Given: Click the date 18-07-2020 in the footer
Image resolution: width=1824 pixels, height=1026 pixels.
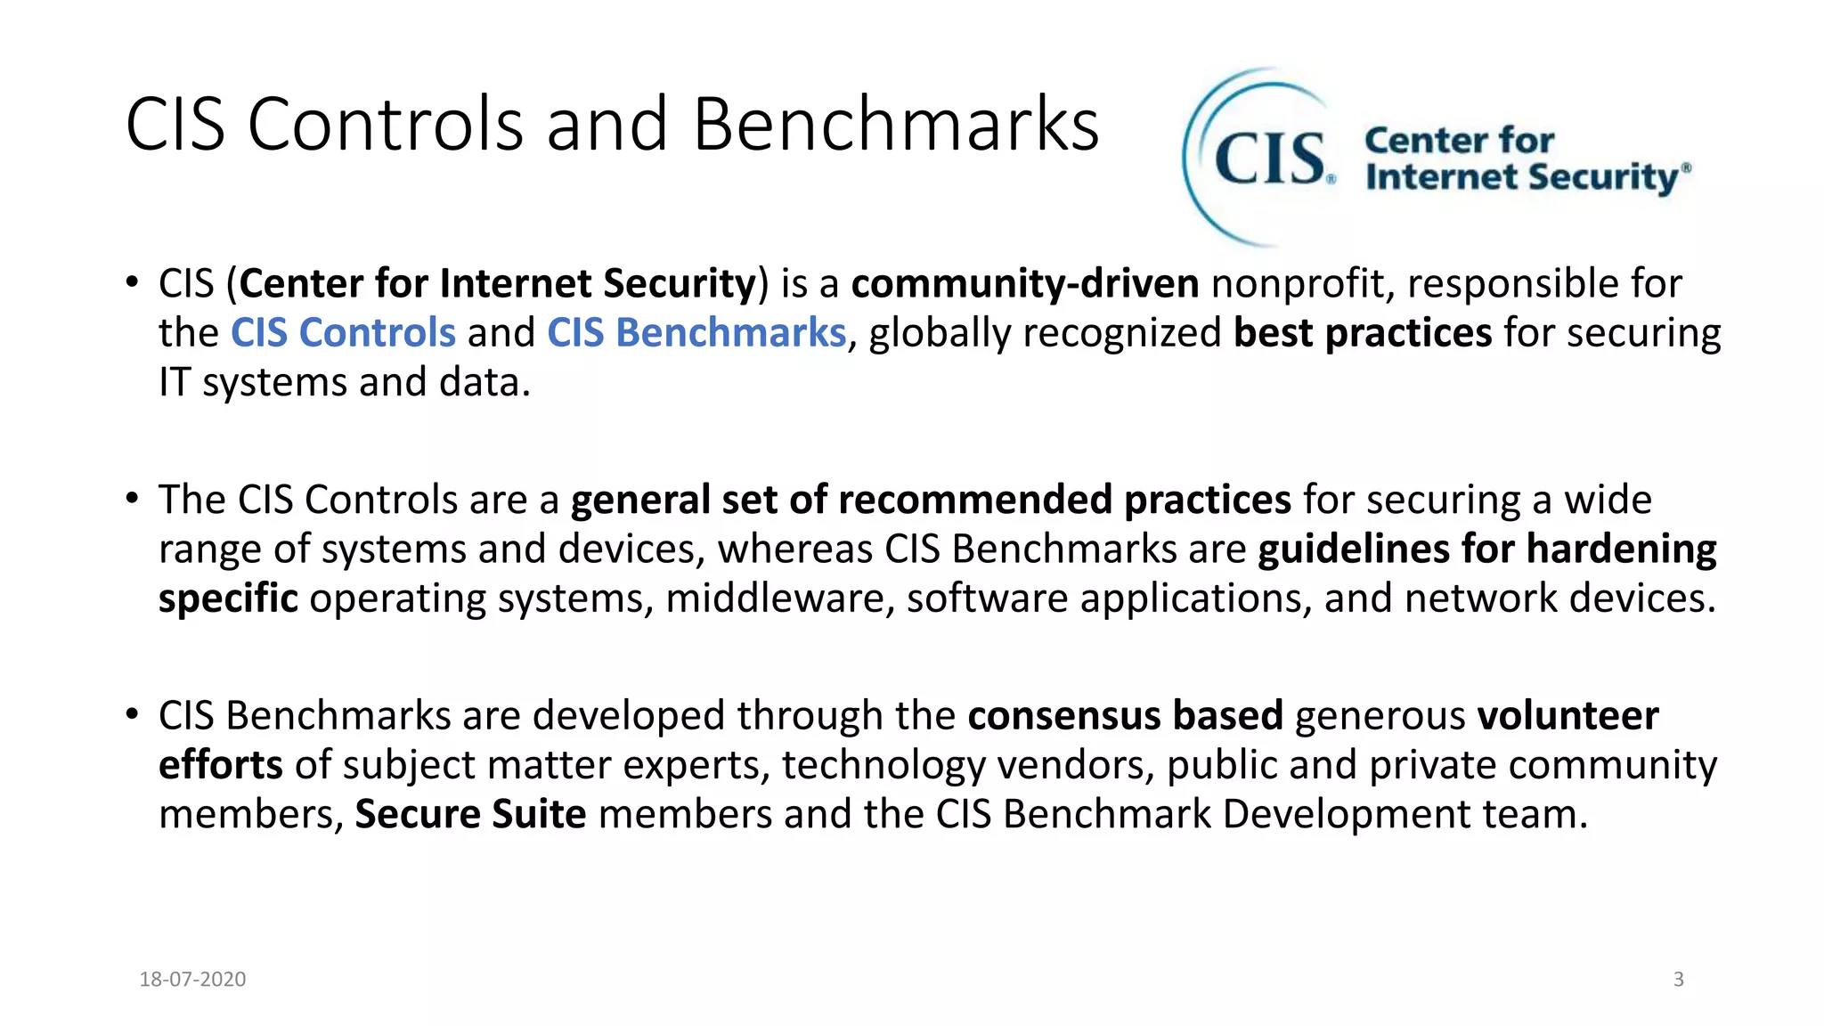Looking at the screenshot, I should tap(192, 979).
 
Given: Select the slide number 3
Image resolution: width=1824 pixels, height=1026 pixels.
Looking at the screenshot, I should tap(1678, 979).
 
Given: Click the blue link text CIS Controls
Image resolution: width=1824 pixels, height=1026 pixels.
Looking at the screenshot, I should tap(343, 333).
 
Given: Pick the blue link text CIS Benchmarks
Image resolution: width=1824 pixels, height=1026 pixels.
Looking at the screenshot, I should tap(696, 333).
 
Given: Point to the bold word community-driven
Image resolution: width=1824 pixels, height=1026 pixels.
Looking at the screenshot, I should tap(1024, 284).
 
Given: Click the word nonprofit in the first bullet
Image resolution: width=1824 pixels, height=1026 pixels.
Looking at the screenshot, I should tap(1302, 284).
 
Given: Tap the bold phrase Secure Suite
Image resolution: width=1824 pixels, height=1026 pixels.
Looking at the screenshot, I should tap(470, 814).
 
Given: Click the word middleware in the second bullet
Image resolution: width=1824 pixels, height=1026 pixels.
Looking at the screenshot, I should tap(779, 598).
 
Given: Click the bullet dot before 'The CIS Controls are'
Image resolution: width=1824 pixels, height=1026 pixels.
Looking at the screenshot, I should tap(132, 498).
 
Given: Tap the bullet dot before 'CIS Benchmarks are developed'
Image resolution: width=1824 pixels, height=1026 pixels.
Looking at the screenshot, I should tap(132, 714).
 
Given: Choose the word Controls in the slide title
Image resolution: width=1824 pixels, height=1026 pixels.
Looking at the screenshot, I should tap(385, 125).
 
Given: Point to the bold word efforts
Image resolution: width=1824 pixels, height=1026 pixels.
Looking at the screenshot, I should tap(220, 765).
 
